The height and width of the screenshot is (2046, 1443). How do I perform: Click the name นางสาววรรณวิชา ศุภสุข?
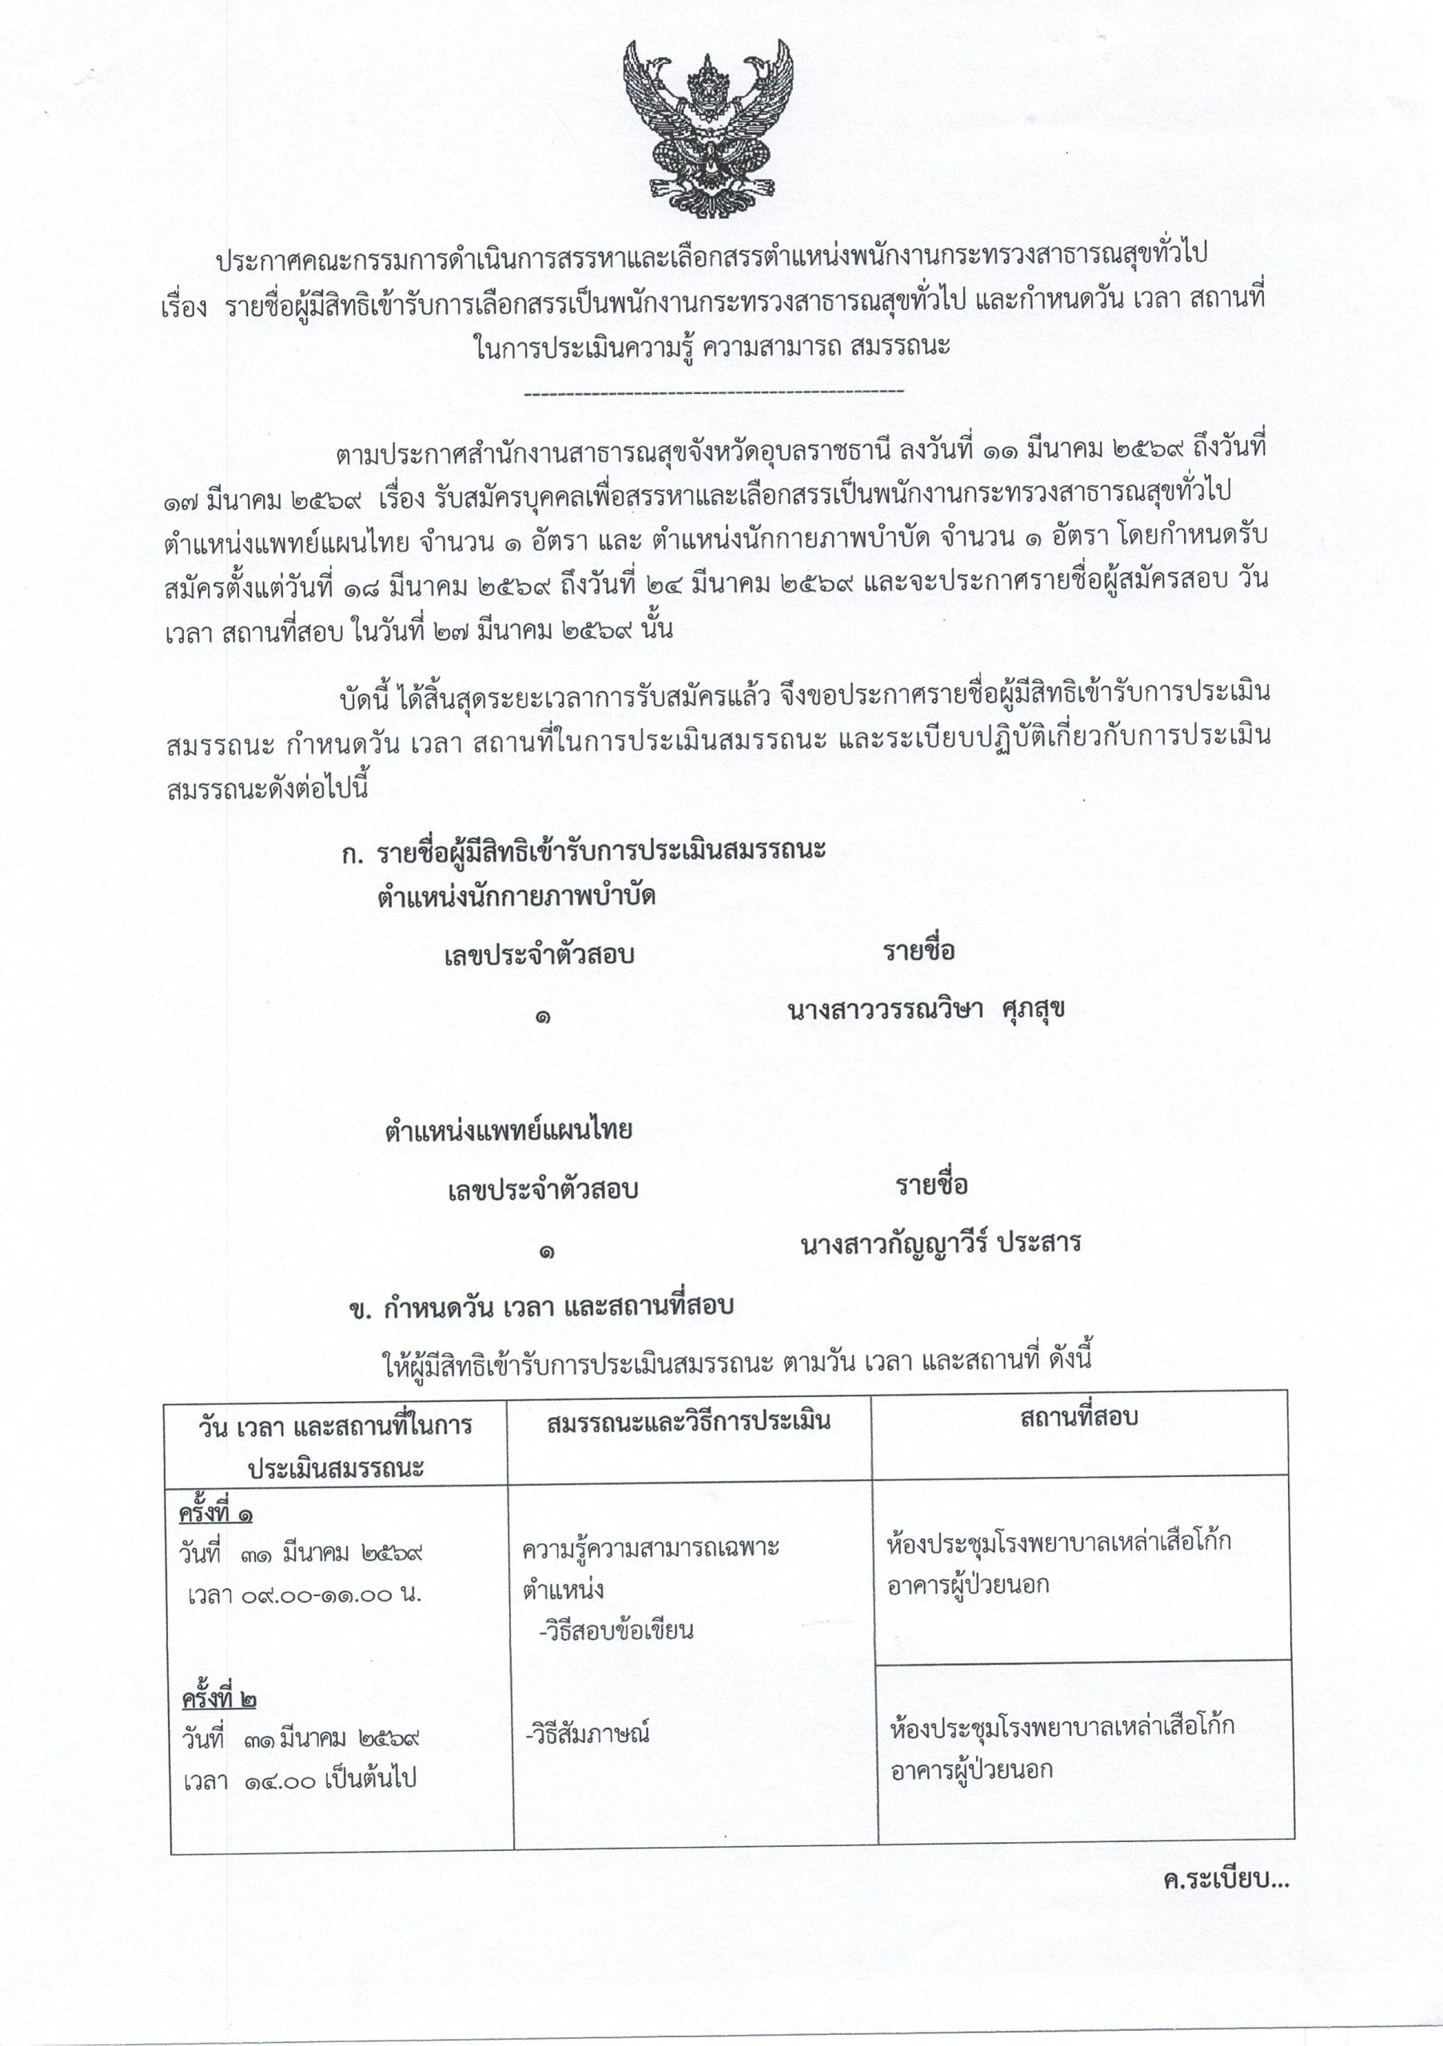[x=926, y=1009]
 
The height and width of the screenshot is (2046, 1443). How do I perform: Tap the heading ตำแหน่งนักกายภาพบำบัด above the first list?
[x=516, y=896]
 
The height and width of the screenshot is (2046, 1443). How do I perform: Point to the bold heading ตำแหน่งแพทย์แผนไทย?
[x=508, y=1130]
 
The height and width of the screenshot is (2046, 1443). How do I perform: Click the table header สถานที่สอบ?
[x=1078, y=1418]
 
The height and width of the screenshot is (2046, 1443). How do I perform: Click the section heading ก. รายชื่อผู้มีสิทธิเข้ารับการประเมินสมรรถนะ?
[x=584, y=851]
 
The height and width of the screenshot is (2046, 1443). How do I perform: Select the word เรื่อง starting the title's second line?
[x=185, y=301]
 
